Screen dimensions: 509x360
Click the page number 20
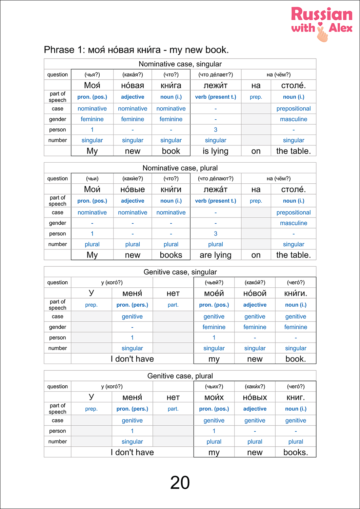tap(180, 483)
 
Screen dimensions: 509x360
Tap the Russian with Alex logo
tap(321, 24)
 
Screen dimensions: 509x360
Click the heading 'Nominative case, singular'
tap(180, 64)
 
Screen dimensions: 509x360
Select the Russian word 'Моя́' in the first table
tap(92, 85)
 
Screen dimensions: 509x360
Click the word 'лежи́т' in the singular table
tap(216, 85)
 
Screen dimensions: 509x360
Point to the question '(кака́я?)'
tap(133, 75)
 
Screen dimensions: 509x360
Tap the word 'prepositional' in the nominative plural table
tap(294, 212)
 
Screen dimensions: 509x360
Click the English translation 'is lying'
tap(216, 151)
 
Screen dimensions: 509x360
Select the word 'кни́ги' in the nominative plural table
tap(171, 189)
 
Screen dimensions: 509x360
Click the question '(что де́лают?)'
tap(216, 179)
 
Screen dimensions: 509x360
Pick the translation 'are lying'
tap(216, 255)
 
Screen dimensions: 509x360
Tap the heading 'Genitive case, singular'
tap(180, 272)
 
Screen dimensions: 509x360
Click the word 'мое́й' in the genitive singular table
tap(214, 293)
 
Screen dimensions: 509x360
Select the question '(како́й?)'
tap(255, 283)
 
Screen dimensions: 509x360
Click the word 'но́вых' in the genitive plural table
tap(255, 398)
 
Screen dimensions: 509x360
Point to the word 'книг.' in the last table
tap(296, 398)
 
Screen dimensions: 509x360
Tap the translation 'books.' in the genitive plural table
tap(296, 452)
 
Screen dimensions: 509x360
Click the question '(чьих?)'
tap(214, 387)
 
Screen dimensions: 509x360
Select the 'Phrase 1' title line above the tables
tap(136, 50)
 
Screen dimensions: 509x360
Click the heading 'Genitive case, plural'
tap(180, 376)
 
